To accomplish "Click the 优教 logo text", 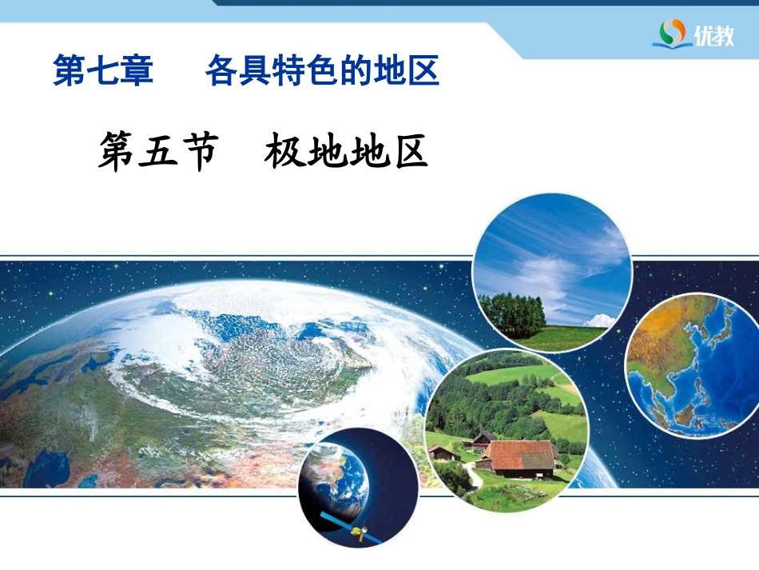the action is point(714,35).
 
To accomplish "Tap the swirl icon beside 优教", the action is point(673,33).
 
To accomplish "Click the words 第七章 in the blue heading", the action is point(103,70).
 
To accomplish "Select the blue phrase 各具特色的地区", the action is point(323,70).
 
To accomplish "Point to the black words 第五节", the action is point(158,152).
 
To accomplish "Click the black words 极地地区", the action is point(346,151).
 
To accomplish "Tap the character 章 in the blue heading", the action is point(137,70).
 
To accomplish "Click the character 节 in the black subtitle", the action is point(198,152).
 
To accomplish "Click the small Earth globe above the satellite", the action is point(333,480).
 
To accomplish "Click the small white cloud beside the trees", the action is point(601,321).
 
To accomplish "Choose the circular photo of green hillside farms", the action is point(507,430).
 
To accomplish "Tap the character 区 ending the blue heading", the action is point(423,70).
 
